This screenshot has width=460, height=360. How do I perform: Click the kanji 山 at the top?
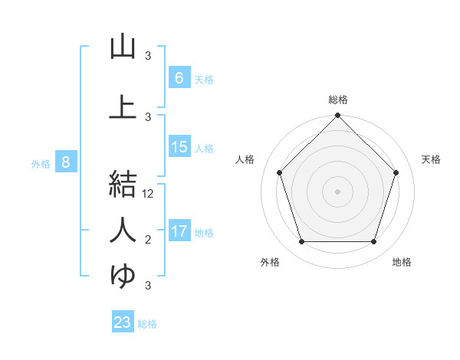[123, 47]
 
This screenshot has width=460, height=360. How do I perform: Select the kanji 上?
[123, 106]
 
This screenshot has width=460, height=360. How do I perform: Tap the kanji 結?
[123, 185]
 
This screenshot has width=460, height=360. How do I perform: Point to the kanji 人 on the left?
[123, 230]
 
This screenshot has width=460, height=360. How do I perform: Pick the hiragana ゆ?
[123, 275]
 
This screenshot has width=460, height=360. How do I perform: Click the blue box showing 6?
[179, 77]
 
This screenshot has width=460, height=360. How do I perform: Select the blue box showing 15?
[179, 147]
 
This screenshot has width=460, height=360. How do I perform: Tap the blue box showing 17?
[179, 231]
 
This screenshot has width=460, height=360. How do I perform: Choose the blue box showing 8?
[66, 162]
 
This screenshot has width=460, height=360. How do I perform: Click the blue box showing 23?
[123, 322]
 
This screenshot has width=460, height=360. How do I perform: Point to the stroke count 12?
[149, 194]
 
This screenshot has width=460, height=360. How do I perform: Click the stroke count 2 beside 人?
[148, 240]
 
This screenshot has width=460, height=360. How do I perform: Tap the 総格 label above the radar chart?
[338, 100]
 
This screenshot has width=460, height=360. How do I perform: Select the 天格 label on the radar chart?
[432, 159]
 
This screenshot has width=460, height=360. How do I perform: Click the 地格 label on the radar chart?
[402, 262]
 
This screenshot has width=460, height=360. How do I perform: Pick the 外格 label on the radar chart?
[270, 262]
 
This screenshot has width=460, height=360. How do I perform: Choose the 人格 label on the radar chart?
[245, 159]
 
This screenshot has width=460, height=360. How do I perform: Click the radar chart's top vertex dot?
[338, 116]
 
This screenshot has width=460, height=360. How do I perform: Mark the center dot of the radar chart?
[338, 191]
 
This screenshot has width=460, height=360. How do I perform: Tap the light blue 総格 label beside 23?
[147, 324]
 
